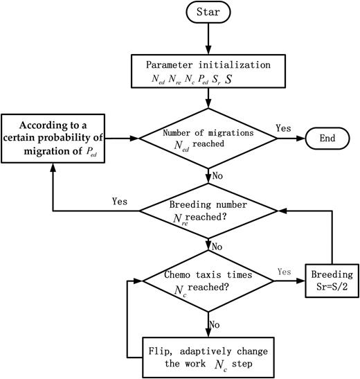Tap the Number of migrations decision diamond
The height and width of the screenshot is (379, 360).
click(209, 139)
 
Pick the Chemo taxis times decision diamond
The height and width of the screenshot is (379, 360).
click(209, 281)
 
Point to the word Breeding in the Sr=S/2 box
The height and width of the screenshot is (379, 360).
click(330, 272)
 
